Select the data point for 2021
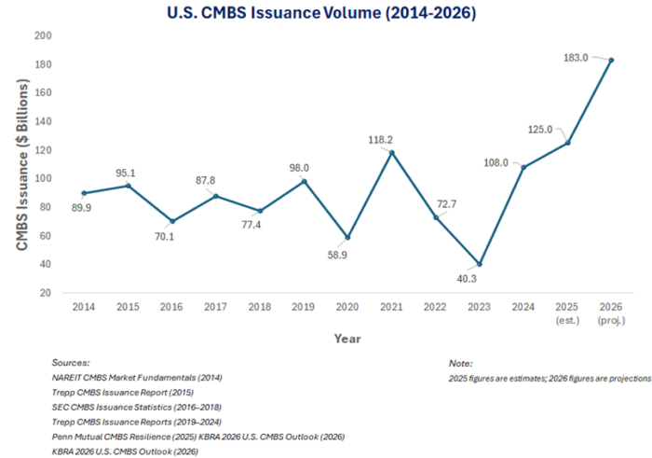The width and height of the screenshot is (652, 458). point(391,153)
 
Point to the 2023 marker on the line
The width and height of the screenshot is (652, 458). point(480,264)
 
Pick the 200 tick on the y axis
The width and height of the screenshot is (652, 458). point(43,35)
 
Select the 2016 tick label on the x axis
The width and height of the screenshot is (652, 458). point(171,306)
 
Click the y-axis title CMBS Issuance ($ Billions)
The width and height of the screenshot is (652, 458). point(20,163)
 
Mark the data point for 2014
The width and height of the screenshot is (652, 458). point(84,193)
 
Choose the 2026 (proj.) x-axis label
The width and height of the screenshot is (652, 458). point(611,312)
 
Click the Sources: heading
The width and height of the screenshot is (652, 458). point(71,362)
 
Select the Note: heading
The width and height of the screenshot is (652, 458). point(460,363)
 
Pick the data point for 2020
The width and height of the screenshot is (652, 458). point(347,237)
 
